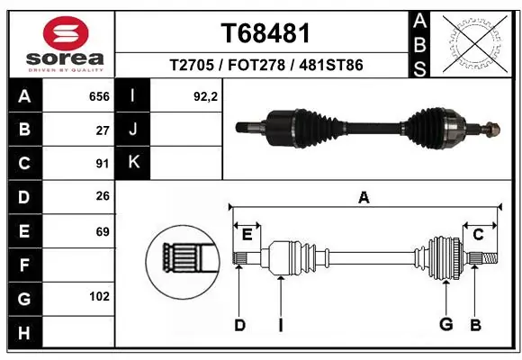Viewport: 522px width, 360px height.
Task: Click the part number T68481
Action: pos(265,33)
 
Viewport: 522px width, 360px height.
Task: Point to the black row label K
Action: pos(133,163)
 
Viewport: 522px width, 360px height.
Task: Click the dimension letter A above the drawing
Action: pos(364,198)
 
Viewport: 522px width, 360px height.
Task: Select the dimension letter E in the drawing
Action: pos(247,235)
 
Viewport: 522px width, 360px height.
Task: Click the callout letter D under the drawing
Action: pos(239,325)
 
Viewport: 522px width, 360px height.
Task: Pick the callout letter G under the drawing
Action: pos(444,325)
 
